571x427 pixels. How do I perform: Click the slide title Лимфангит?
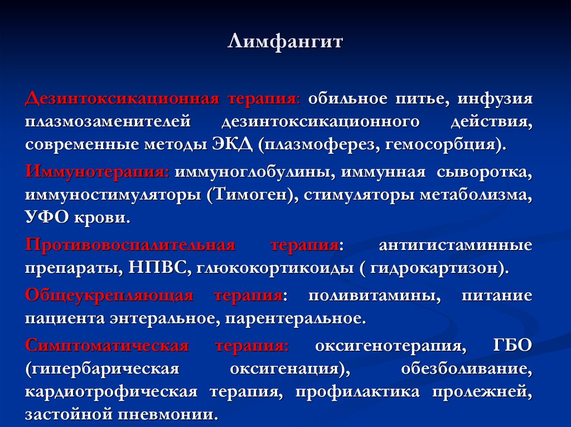point(285,42)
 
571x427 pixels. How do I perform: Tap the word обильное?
point(347,99)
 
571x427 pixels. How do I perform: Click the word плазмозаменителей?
point(108,122)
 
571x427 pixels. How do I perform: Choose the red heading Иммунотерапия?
point(97,172)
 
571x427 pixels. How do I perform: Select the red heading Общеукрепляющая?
point(109,296)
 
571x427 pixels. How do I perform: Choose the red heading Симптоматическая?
point(107,346)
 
